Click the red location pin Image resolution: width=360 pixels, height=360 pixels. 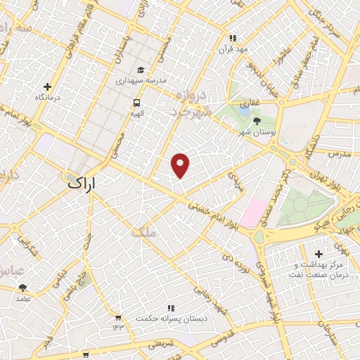pos(181,165)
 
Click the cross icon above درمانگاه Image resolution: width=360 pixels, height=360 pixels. pos(47,86)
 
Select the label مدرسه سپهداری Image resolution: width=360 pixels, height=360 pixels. pos(141,81)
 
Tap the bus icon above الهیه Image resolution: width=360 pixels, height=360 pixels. pos(136,102)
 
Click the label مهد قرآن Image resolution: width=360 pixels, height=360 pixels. pos(233,49)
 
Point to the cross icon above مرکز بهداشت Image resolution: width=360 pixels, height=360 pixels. pos(319,253)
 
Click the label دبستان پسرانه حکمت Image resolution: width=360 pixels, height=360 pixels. pos(170,319)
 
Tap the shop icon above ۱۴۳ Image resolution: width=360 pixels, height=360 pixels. pos(117,317)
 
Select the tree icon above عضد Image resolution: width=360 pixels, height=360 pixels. pos(23,287)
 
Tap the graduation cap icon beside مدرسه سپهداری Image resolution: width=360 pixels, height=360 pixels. pos(141,70)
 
